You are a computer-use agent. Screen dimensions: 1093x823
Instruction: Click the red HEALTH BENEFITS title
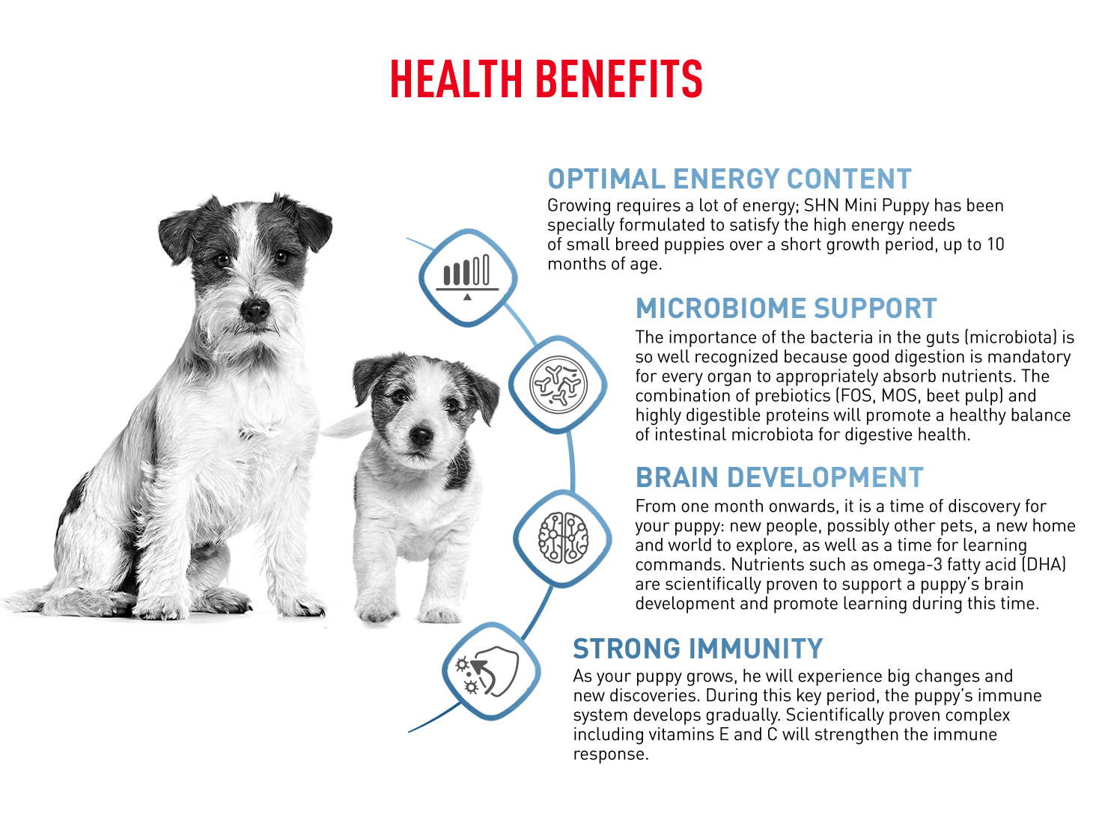[546, 79]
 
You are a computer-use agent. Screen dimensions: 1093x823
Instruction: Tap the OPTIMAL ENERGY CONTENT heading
[729, 179]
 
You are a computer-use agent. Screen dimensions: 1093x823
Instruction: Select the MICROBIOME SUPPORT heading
[786, 308]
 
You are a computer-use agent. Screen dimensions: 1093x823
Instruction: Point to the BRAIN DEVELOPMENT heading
[780, 477]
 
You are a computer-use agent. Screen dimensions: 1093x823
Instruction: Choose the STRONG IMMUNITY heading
[698, 649]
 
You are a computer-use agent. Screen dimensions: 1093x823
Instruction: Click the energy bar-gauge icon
[467, 277]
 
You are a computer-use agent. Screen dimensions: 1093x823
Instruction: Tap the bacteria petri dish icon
[558, 385]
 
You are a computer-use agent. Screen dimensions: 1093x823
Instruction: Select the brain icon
[563, 538]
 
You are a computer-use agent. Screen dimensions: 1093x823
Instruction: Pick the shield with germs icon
[487, 670]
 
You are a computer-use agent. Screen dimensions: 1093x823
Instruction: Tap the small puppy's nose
[421, 435]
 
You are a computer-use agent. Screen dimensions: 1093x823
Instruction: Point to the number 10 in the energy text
[996, 244]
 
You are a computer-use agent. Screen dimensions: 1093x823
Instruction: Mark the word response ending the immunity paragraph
[610, 754]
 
